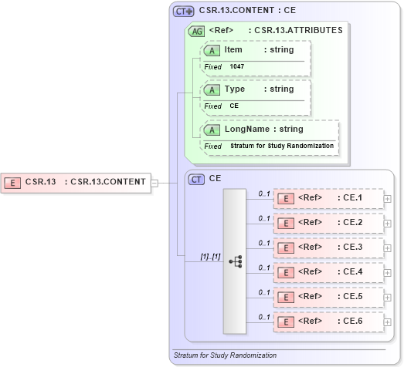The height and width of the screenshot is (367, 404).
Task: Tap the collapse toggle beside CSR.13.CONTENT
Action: [154, 183]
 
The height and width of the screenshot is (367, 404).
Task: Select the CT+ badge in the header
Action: [182, 12]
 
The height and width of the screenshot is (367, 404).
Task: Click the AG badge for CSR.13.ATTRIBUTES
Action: [196, 32]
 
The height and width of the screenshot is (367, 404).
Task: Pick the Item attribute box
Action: [255, 50]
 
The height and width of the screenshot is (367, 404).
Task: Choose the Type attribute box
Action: [255, 89]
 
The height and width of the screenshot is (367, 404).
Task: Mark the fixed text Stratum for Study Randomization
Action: [282, 146]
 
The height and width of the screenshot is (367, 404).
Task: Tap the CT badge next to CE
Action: [196, 179]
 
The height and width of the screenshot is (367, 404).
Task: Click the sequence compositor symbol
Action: [236, 262]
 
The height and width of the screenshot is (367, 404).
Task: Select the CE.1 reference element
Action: [328, 198]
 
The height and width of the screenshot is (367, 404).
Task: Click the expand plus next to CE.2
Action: [388, 223]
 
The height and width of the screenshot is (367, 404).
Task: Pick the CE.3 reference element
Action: [328, 247]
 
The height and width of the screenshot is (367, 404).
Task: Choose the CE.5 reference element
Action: [328, 296]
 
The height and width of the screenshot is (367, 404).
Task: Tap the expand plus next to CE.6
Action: [388, 321]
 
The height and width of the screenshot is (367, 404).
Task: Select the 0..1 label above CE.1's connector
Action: [264, 193]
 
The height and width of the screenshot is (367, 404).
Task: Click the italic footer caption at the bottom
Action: [226, 355]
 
